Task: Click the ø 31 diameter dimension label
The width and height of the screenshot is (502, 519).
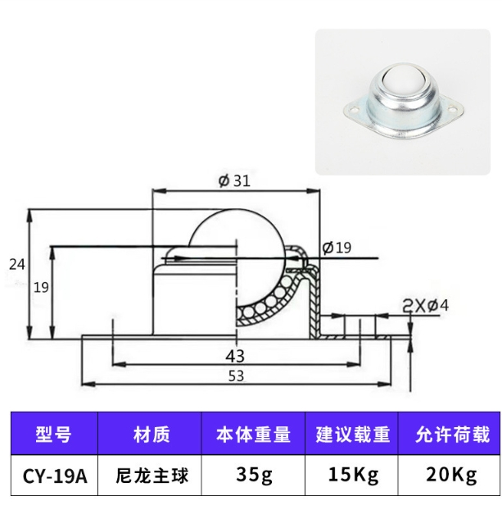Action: (234, 180)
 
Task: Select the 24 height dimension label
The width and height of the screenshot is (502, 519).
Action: (17, 265)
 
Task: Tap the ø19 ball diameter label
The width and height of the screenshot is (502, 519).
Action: (337, 248)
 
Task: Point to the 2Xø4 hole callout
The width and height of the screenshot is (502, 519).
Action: (425, 306)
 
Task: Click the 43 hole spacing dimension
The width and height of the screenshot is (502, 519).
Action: (235, 357)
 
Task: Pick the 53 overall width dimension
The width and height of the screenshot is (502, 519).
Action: (236, 376)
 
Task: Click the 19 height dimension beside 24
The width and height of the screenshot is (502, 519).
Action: (41, 288)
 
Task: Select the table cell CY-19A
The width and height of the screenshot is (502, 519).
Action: (55, 476)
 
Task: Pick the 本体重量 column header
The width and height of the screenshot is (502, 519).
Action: (253, 434)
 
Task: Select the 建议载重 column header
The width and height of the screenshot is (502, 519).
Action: (351, 434)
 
